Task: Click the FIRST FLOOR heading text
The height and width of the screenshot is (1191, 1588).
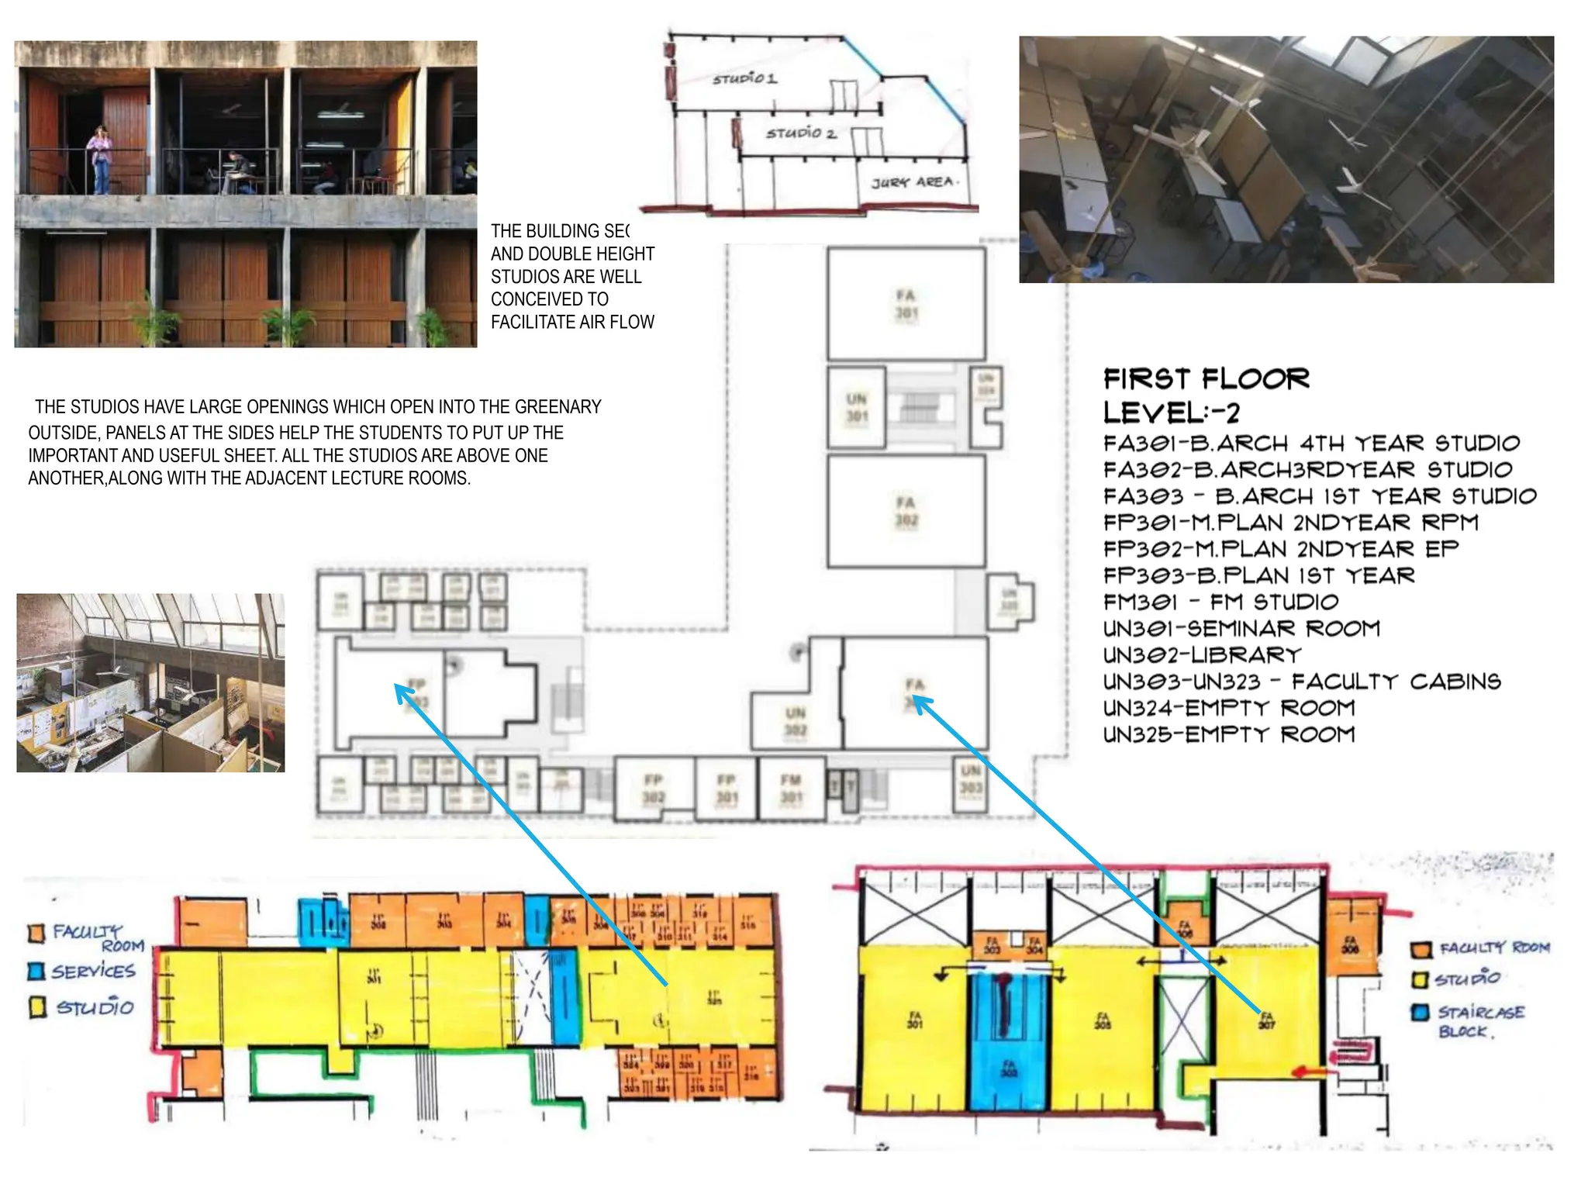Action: (1207, 378)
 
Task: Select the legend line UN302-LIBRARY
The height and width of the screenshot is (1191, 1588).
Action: (1202, 655)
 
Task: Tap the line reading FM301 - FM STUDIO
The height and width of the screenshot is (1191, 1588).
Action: (1220, 602)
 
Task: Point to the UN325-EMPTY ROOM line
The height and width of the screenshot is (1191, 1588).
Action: (1229, 734)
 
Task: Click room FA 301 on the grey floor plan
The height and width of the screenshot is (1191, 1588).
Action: (906, 304)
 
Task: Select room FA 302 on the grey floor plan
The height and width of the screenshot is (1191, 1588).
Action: (906, 511)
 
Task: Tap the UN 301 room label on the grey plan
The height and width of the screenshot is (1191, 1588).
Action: (856, 408)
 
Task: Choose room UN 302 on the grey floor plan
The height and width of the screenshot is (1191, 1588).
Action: (796, 721)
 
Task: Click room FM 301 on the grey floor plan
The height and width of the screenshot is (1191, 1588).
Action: (790, 789)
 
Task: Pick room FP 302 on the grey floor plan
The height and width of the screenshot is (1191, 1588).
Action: (653, 789)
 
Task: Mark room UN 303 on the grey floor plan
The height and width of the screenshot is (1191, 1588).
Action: (971, 778)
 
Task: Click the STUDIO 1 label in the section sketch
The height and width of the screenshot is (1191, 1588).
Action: (744, 78)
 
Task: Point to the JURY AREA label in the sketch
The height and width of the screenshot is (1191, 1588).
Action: (915, 182)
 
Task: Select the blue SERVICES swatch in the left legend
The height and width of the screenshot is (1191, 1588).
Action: (36, 971)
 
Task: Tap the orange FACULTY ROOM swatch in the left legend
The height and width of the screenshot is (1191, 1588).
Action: (36, 933)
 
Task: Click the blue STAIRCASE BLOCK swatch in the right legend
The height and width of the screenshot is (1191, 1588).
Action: (1420, 1013)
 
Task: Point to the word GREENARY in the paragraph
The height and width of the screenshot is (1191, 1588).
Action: (558, 407)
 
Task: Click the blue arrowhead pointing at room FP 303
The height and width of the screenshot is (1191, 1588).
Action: (402, 692)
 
